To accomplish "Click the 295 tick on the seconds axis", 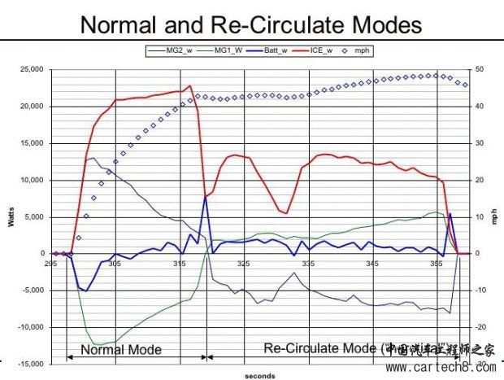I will (51, 264).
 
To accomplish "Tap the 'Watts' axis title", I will (11, 217).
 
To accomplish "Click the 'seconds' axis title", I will (259, 375).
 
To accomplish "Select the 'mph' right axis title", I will (493, 217).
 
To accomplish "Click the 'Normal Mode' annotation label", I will (120, 350).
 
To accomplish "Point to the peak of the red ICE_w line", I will (190, 85).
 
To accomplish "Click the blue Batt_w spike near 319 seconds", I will (206, 196).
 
